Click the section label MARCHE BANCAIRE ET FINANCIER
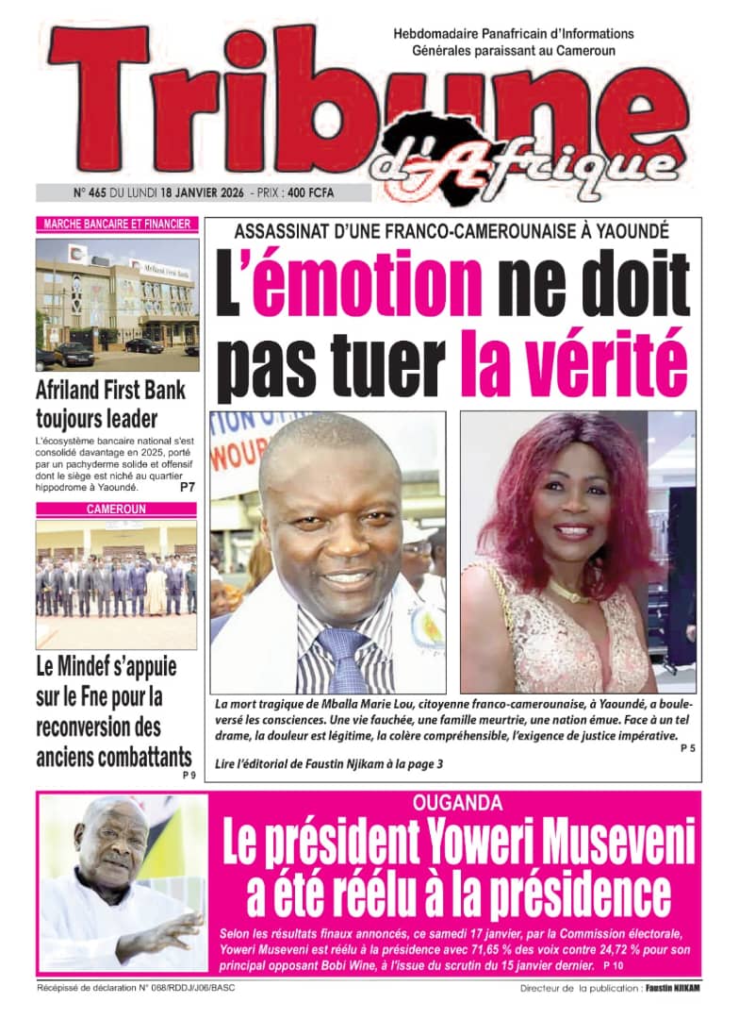(x=117, y=225)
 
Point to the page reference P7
(x=188, y=489)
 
